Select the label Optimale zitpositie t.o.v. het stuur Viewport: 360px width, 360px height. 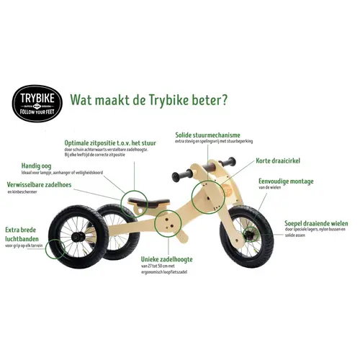click(x=120, y=143)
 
